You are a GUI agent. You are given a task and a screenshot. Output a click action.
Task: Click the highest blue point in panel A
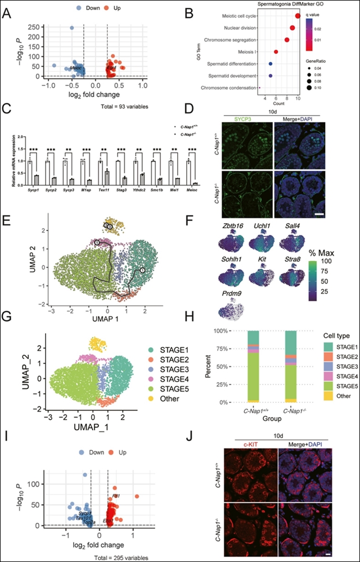point(72,27)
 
